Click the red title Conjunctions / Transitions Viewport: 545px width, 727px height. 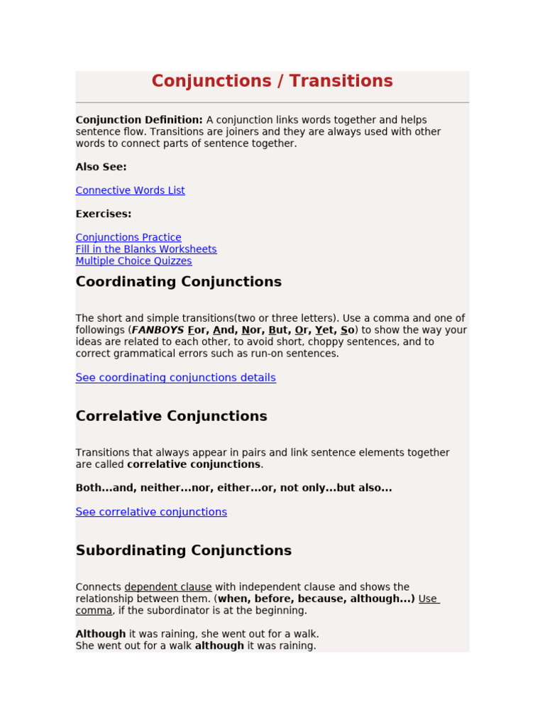tap(272, 82)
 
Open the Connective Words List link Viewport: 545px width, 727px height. tap(130, 190)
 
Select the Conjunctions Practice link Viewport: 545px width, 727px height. tap(128, 237)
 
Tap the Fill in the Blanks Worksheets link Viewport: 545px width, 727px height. tap(146, 249)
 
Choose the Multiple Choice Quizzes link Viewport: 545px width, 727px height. tap(133, 261)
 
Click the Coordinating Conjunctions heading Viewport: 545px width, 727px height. tap(178, 282)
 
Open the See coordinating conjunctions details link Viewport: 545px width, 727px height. tap(175, 378)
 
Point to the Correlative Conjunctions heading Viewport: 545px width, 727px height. tap(171, 416)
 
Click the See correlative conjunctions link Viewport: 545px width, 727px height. tap(151, 512)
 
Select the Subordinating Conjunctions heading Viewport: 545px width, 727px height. tap(183, 550)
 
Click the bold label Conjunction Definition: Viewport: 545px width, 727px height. tap(139, 120)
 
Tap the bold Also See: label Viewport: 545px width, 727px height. tap(101, 167)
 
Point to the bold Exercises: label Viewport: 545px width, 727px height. tap(104, 214)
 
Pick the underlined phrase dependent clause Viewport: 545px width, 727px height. tap(168, 587)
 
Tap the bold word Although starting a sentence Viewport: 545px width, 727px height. tap(101, 633)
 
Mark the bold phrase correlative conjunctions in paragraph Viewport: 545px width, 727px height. tap(193, 464)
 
